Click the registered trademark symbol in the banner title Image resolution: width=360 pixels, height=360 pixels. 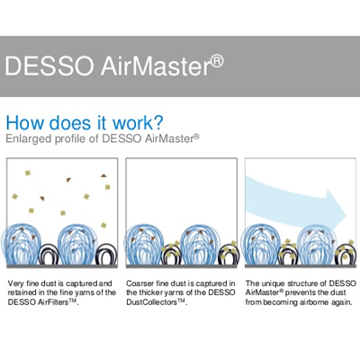coord(217,60)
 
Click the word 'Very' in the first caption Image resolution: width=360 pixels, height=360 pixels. coord(15,283)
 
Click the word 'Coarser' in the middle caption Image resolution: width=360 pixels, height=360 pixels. coord(140,283)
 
